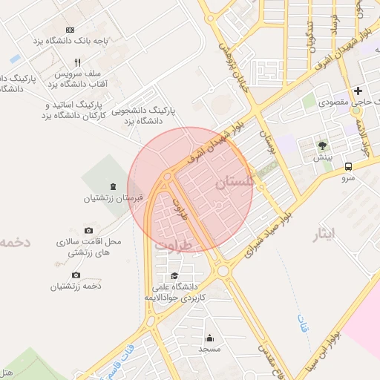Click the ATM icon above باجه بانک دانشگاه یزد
point(71,29)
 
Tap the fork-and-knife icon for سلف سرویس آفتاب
point(77,63)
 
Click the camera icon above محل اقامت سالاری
point(89,231)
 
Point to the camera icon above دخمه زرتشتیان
point(76,275)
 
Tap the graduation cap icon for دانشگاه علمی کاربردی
point(174,275)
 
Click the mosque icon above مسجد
point(209,337)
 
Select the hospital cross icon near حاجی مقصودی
point(358,91)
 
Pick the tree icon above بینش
point(322,145)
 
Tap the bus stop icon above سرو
point(349,167)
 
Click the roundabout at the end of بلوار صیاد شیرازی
point(223,271)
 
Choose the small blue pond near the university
point(15,58)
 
